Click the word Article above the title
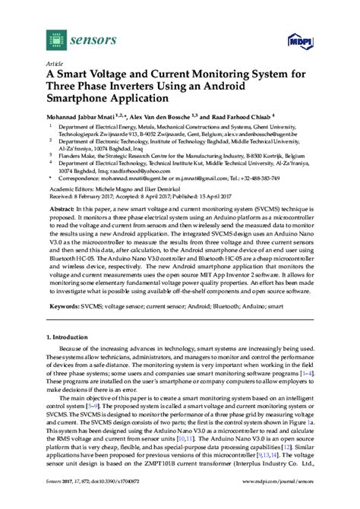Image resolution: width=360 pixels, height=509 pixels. click(55, 65)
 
